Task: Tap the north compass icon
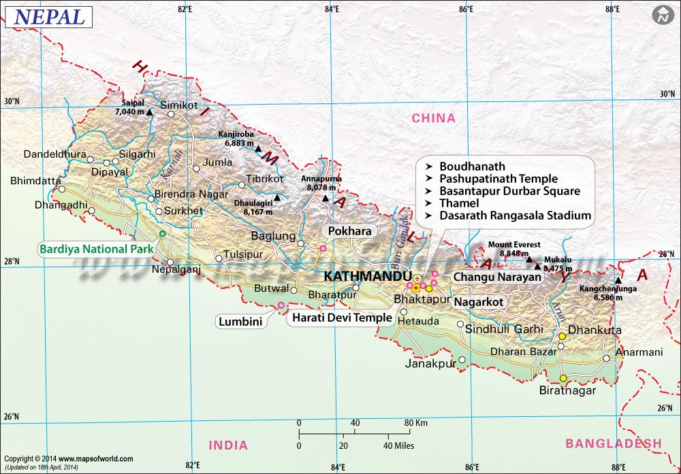(661, 16)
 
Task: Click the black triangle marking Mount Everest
(528, 259)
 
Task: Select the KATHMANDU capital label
(368, 277)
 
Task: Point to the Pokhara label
(349, 231)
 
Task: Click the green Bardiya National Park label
(95, 249)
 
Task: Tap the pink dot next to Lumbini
(281, 305)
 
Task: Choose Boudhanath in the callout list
(472, 167)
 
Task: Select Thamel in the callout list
(459, 203)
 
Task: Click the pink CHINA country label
(433, 118)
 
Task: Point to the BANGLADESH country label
(613, 443)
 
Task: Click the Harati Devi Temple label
(342, 318)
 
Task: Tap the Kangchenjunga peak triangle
(618, 280)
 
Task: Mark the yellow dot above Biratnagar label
(563, 379)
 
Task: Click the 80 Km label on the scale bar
(415, 423)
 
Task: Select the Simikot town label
(178, 105)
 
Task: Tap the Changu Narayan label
(497, 277)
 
